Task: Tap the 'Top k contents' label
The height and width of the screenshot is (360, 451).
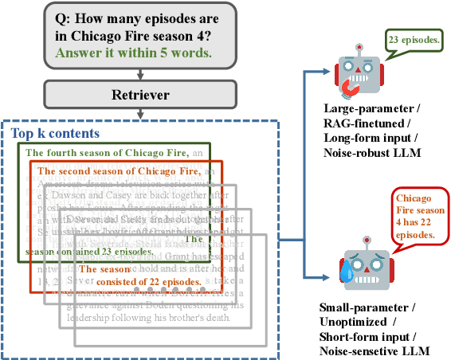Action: pos(55,133)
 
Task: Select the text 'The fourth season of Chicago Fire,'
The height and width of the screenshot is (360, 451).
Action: pos(107,153)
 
